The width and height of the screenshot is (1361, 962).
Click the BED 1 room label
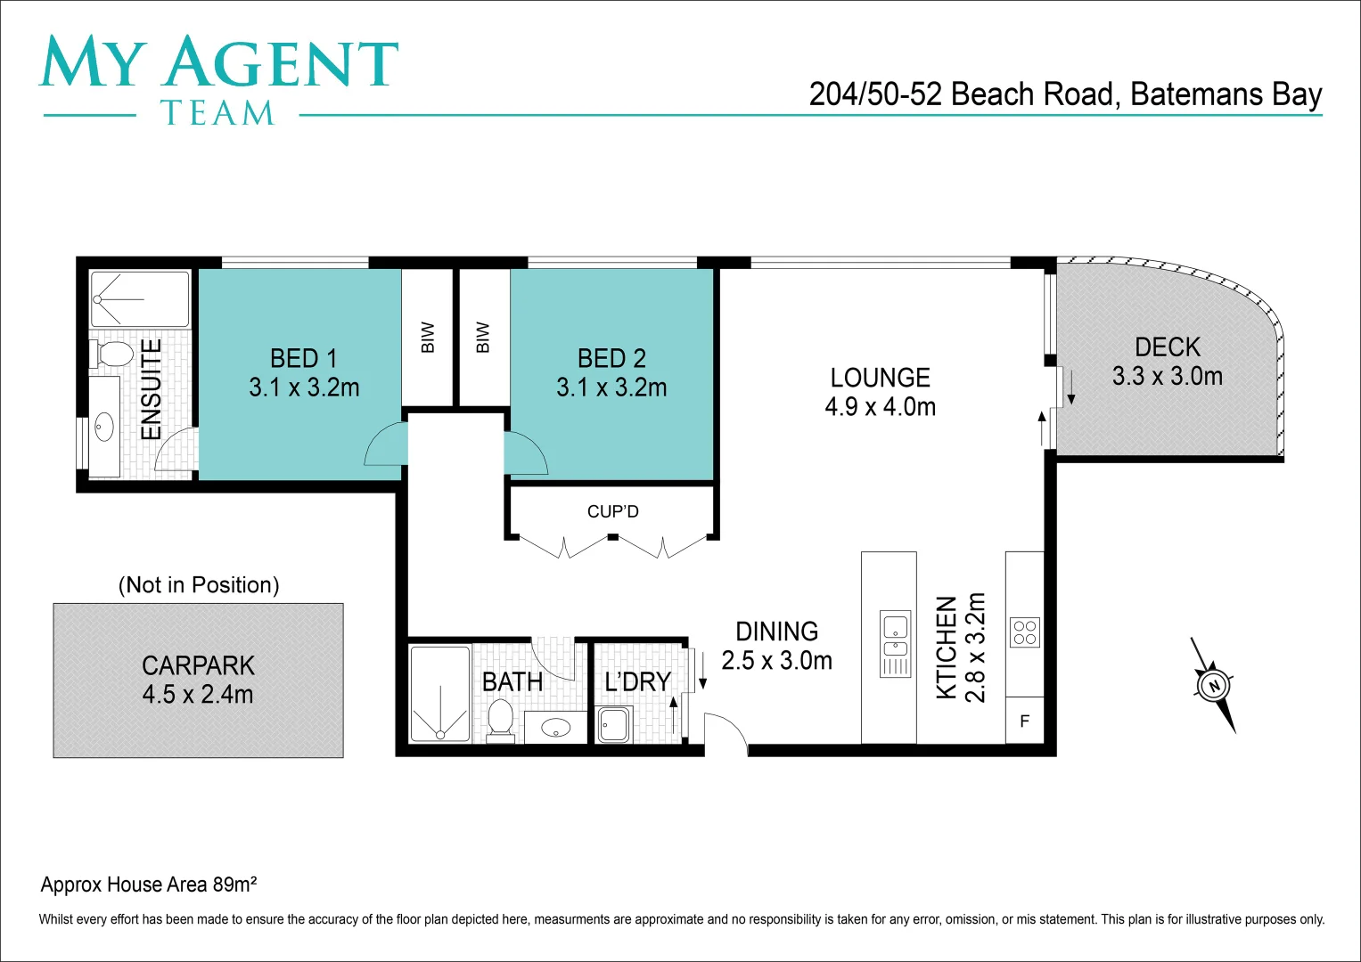click(304, 372)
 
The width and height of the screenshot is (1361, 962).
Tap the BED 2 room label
click(611, 372)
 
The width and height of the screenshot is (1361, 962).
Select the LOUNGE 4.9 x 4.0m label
click(880, 392)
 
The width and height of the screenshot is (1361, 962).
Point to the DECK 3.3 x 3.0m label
click(1167, 361)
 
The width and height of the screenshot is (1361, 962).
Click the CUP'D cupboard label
click(612, 511)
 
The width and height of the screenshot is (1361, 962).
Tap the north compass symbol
click(1213, 685)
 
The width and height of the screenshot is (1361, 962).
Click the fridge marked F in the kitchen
click(1024, 721)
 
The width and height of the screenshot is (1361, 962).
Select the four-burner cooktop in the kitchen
click(1025, 632)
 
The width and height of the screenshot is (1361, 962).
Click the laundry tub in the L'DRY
click(614, 724)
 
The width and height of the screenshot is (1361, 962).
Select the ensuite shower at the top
click(140, 299)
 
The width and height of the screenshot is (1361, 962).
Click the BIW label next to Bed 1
click(428, 338)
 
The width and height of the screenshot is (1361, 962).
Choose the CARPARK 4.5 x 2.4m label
click(198, 680)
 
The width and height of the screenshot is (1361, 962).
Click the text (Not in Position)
click(199, 584)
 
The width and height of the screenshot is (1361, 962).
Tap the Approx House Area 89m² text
click(149, 885)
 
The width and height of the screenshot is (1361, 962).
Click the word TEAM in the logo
click(217, 113)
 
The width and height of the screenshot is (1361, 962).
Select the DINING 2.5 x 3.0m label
click(776, 646)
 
